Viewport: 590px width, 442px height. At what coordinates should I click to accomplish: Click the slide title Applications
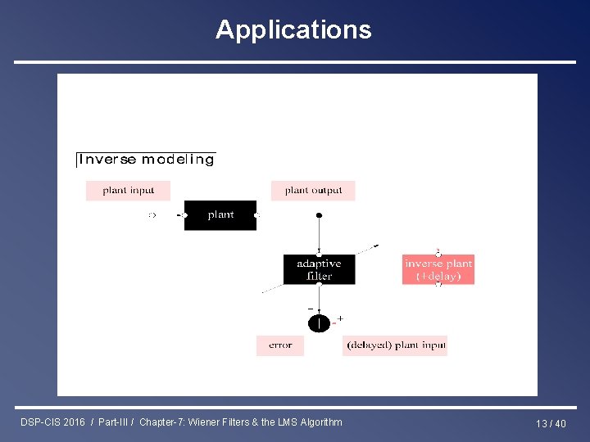click(293, 30)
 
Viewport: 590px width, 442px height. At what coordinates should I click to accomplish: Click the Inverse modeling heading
click(146, 160)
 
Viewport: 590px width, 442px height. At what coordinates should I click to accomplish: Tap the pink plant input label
click(129, 191)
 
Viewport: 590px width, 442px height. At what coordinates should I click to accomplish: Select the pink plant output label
click(313, 191)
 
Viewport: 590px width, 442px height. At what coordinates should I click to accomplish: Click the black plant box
click(220, 215)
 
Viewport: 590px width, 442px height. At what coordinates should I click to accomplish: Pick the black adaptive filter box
click(319, 269)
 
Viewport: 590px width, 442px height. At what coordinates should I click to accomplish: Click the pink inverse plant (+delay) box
click(438, 269)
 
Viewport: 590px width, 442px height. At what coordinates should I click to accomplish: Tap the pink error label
click(280, 345)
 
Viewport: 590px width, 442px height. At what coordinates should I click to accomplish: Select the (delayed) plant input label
click(396, 345)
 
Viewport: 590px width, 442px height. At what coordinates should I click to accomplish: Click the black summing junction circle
click(319, 323)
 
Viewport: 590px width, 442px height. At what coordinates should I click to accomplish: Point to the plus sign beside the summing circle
click(340, 318)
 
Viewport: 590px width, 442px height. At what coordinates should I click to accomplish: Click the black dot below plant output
click(319, 215)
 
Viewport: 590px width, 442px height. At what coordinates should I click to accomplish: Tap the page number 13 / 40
click(551, 423)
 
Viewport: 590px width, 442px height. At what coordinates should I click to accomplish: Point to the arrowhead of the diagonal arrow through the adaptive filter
click(375, 245)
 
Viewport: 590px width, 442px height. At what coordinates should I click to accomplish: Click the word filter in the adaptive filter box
click(319, 277)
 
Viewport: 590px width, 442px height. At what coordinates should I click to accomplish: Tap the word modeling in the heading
click(178, 160)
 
